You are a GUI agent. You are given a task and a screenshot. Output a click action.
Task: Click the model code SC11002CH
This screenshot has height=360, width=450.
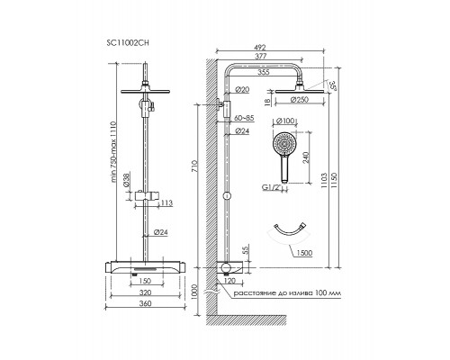pos(128,42)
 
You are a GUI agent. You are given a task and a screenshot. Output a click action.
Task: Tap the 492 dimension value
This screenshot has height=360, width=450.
pos(260,48)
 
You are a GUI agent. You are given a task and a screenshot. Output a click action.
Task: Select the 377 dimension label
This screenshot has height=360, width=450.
pos(260,56)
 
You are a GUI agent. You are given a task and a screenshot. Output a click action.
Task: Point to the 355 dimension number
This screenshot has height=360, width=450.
pos(264,72)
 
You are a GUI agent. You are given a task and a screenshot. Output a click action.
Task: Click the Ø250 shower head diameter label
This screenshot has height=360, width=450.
pos(299,100)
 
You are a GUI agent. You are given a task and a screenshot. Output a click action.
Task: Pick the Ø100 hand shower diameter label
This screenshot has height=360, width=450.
pos(284,121)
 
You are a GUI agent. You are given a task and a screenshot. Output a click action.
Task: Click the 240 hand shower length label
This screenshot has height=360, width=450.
pos(306,158)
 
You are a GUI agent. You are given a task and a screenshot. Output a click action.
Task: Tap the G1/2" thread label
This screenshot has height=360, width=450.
pos(273,187)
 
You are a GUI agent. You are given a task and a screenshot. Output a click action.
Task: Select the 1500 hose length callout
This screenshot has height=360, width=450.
pos(304,253)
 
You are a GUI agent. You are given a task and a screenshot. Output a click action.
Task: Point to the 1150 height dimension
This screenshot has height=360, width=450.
pos(335,181)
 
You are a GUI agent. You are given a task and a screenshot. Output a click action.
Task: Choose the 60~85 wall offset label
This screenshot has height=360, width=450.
pos(244,118)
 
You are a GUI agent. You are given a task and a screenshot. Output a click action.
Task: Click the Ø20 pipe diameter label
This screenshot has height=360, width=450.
pos(242,89)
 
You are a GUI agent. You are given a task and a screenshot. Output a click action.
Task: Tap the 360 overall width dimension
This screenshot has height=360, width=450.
pos(146,303)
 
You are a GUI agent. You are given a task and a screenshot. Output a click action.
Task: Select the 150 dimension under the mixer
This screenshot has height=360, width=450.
pos(146,281)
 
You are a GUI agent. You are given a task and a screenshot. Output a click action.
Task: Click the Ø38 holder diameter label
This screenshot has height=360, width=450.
pos(127,180)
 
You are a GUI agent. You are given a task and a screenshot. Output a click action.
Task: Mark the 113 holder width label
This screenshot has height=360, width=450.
pos(166,203)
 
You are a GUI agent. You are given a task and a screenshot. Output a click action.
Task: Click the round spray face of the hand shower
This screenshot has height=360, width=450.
pos(283,143)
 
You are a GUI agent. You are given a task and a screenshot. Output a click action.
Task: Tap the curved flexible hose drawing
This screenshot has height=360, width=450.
pos(290,228)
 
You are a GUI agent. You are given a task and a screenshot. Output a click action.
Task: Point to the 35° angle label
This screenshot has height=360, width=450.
pos(333,85)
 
